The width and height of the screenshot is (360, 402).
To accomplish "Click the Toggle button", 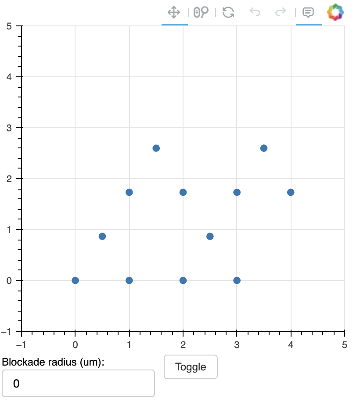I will pos(191,367).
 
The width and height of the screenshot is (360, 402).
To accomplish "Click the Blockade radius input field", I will pos(78,384).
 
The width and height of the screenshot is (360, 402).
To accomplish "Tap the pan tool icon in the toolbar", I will pos(174,12).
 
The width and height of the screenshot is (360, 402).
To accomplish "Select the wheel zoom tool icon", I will pos(201,12).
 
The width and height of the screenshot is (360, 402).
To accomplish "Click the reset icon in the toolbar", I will pos(228,12).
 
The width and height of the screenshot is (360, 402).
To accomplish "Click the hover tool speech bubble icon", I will pos(309,12).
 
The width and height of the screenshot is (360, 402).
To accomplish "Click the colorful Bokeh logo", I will pos(335,12).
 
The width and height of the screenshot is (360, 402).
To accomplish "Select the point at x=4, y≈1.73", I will pos(291,192).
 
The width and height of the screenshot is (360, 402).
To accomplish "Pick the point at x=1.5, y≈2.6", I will pos(156,148).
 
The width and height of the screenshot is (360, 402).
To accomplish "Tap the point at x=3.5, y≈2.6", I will pos(264,148).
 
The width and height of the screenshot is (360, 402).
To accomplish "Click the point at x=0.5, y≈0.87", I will pos(102,236).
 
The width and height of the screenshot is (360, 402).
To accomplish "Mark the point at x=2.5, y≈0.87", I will pos(210,236).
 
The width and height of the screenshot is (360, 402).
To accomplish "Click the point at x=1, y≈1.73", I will pos(129,192).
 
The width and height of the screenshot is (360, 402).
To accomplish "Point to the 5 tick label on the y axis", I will pos(9,26).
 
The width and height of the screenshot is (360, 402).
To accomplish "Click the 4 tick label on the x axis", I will pos(291,345).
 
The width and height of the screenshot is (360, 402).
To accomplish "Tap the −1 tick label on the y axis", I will pos(7,331).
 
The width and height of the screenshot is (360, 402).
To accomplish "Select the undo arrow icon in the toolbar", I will pos(255,12).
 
